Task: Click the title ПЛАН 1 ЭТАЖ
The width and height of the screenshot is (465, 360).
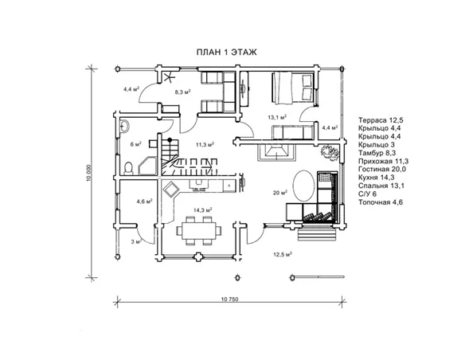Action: tap(227, 53)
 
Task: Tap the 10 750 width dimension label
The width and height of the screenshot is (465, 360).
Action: tap(229, 299)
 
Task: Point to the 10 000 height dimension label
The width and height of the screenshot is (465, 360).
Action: tap(90, 173)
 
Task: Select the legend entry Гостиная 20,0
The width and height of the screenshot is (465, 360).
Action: tap(382, 170)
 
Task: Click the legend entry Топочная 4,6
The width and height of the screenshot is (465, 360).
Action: tap(381, 202)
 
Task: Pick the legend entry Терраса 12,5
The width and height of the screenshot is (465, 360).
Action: tap(381, 120)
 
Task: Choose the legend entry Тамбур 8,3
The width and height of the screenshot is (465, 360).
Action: tap(377, 153)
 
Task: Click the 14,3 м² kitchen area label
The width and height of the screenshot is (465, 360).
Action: tap(203, 210)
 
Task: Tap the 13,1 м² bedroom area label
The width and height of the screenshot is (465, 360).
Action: tap(277, 117)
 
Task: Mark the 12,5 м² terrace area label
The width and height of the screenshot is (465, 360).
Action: tap(283, 254)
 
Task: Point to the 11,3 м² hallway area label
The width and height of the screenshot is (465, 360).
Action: tap(205, 145)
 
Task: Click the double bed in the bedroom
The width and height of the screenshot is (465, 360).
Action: tap(293, 88)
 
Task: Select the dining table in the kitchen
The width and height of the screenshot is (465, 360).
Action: tap(199, 230)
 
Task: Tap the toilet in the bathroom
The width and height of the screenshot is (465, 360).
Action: tap(128, 168)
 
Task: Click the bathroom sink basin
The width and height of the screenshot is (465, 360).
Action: tap(124, 126)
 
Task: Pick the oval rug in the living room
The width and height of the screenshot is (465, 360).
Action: tap(303, 186)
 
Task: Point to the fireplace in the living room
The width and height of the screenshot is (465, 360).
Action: tap(278, 152)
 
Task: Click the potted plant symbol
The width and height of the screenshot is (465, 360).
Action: tap(329, 152)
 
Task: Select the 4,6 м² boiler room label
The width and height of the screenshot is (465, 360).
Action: tap(144, 202)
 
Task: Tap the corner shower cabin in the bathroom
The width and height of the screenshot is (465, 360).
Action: tap(147, 166)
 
